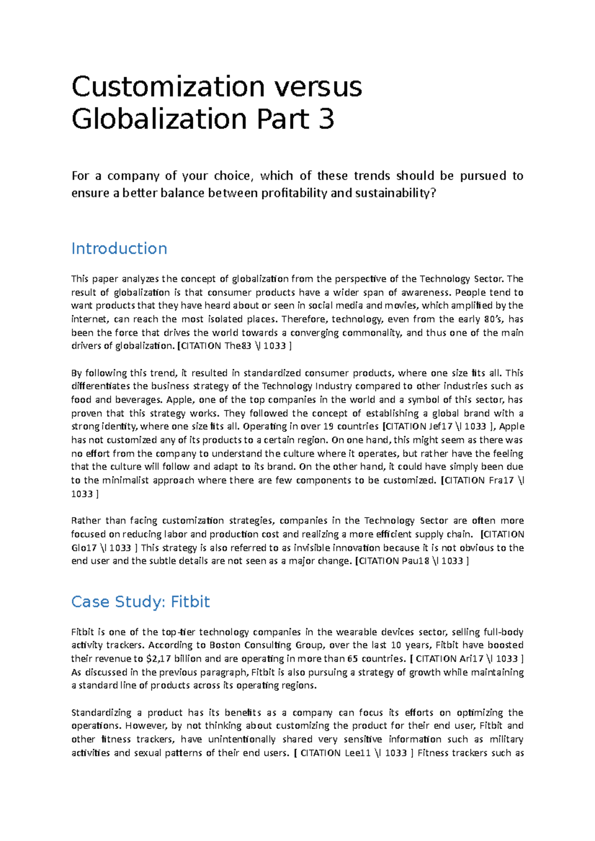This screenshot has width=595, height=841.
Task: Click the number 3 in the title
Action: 326,119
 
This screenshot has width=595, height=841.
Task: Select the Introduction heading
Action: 119,248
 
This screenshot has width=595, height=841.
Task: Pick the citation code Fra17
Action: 501,480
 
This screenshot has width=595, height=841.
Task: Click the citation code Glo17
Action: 84,548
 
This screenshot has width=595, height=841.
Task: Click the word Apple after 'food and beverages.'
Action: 180,400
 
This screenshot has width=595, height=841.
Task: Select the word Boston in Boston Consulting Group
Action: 225,645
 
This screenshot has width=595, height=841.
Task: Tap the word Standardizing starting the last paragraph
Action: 103,713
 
